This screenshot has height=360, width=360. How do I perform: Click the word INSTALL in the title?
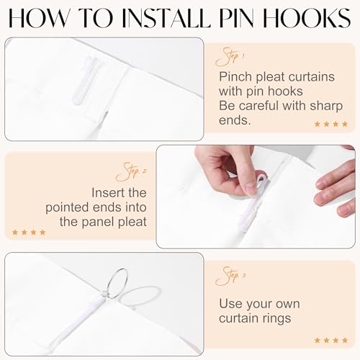166,18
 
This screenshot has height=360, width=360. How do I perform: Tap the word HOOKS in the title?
307,18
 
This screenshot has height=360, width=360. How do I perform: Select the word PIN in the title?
236,18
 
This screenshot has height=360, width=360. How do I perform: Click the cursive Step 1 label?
230,57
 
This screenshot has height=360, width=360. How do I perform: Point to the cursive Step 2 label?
131,171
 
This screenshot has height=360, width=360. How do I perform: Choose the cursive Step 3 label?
230,276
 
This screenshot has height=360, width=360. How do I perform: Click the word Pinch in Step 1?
235,77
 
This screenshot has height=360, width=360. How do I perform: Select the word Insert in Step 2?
107,192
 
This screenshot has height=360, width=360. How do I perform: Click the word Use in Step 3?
230,304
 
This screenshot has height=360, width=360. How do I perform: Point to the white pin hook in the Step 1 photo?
86,79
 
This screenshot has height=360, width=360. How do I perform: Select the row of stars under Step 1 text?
331,124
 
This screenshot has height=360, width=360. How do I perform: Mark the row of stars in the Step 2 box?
29,233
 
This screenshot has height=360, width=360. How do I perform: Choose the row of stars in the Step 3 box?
331,341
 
